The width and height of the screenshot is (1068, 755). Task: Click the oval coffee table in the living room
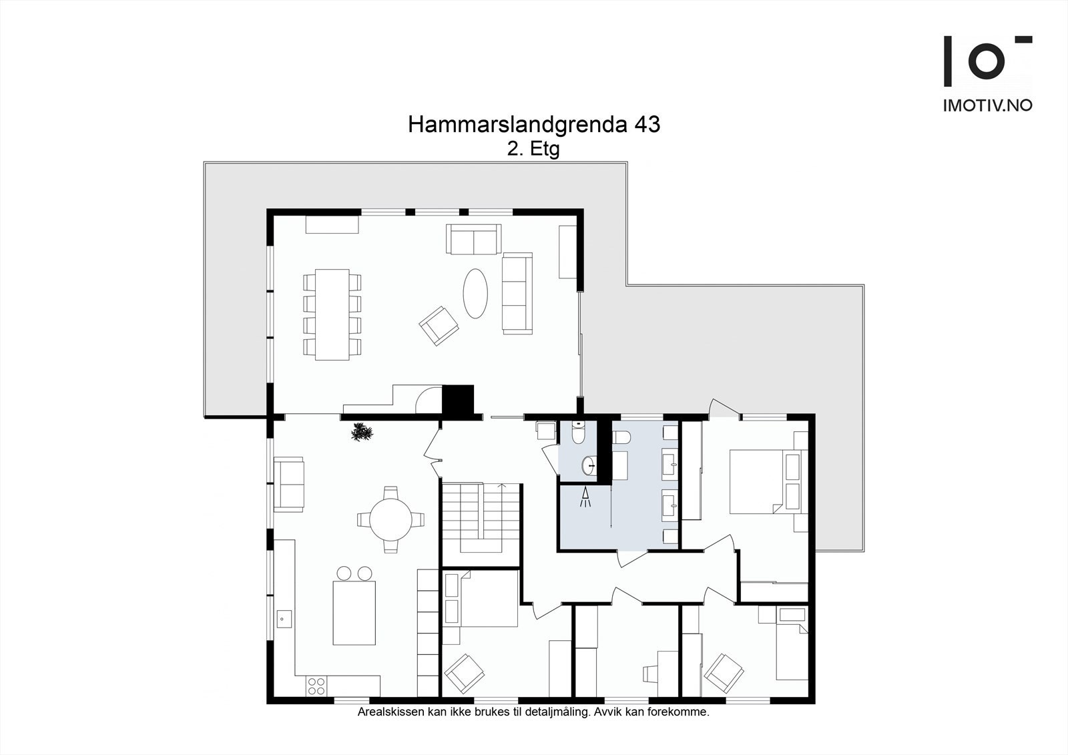[x=475, y=292]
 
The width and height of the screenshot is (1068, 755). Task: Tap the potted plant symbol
[x=362, y=433]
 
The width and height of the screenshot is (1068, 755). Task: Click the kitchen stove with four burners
[x=316, y=686]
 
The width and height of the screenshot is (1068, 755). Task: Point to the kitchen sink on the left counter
[x=283, y=618]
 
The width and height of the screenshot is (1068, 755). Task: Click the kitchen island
[x=354, y=613]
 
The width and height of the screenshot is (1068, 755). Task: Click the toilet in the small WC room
[x=579, y=433]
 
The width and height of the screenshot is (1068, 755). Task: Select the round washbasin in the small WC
[x=589, y=465]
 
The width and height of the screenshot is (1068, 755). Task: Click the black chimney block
[x=458, y=401]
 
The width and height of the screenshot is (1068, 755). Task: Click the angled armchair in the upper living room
[x=439, y=325]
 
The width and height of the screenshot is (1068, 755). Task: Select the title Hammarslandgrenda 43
[x=534, y=125]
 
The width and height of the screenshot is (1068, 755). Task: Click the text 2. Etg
[x=533, y=149]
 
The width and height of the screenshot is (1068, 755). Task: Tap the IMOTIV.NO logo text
[x=987, y=105]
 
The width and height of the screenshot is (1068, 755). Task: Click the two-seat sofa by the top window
[x=473, y=239]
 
